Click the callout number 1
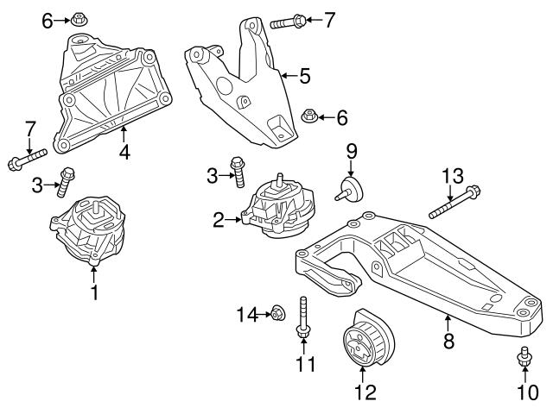94,292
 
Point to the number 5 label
303,77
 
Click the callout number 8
448,342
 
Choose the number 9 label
352,153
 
